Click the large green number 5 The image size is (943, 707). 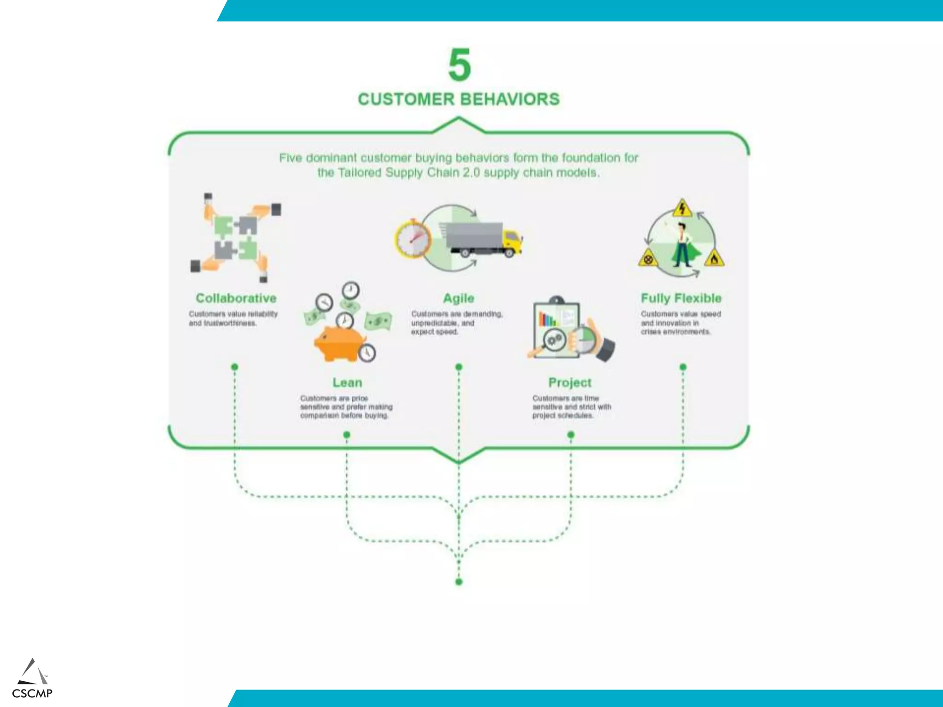(x=460, y=65)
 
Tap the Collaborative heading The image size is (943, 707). (x=236, y=298)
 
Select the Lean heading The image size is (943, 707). (x=347, y=382)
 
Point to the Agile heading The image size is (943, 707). (x=459, y=298)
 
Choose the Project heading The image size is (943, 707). (x=570, y=382)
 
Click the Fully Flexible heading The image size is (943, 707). (x=681, y=298)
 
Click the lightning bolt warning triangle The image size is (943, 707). (x=682, y=209)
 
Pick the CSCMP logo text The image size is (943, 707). (x=32, y=693)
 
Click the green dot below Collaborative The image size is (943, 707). (x=235, y=367)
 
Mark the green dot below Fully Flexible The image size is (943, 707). (x=683, y=367)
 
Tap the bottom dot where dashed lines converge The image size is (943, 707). (x=459, y=582)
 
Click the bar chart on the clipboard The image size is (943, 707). (x=547, y=319)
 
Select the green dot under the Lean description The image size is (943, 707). (x=347, y=435)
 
